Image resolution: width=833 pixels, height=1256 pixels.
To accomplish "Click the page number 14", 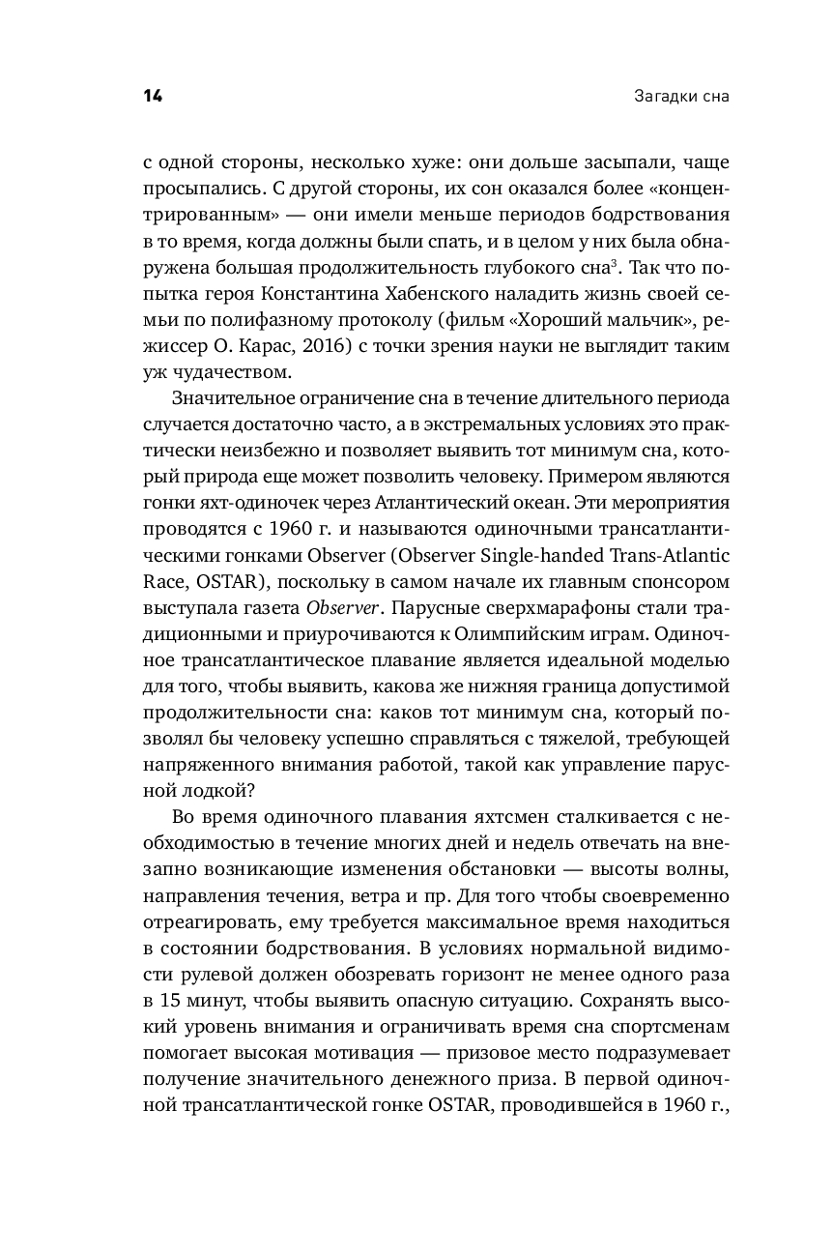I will tap(153, 96).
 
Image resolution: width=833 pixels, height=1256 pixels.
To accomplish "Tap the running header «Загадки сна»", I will tap(681, 97).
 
